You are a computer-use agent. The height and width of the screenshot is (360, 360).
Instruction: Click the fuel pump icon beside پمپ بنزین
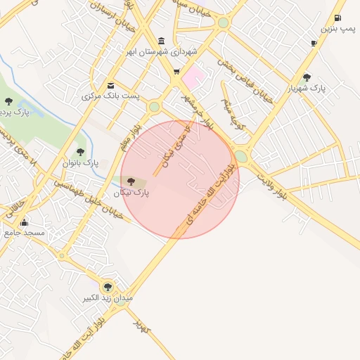pos(338,18)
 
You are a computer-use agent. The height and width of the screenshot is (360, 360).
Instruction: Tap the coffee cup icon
pos(314,43)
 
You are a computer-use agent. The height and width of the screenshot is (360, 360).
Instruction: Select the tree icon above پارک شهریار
pos(306,77)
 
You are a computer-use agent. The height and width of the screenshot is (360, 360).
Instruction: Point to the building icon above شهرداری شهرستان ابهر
pos(162,40)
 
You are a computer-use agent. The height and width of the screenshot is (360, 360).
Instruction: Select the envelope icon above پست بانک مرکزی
pos(110,86)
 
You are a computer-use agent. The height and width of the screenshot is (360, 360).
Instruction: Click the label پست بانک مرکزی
pos(110,96)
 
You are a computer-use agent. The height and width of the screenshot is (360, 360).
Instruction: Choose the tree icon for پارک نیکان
pos(131,181)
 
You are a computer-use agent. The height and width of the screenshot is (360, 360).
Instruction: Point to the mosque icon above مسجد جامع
pos(24,222)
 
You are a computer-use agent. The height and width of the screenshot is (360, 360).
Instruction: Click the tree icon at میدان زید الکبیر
pos(108,286)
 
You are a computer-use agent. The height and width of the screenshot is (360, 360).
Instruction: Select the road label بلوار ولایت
pos(270,185)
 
